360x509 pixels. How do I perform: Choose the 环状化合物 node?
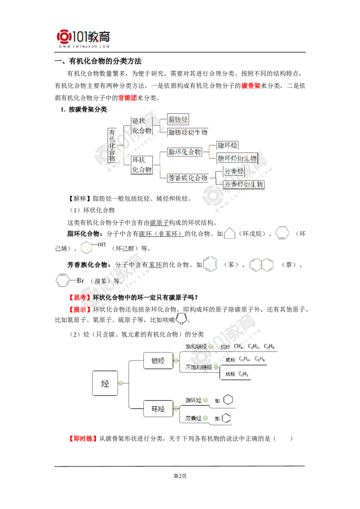pos(141,165)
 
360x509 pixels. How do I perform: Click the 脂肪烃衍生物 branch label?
pos(188,133)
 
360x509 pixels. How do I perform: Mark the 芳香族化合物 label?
pos(189,178)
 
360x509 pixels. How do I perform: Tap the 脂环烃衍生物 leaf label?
pos(237,158)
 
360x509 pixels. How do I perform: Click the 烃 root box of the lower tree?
pos(105,383)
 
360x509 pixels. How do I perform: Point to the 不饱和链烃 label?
pos(195,367)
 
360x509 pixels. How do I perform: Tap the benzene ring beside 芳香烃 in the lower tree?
pos(229,418)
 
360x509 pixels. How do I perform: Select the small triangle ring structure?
pos(231,231)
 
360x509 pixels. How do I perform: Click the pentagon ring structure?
pos(182,317)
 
